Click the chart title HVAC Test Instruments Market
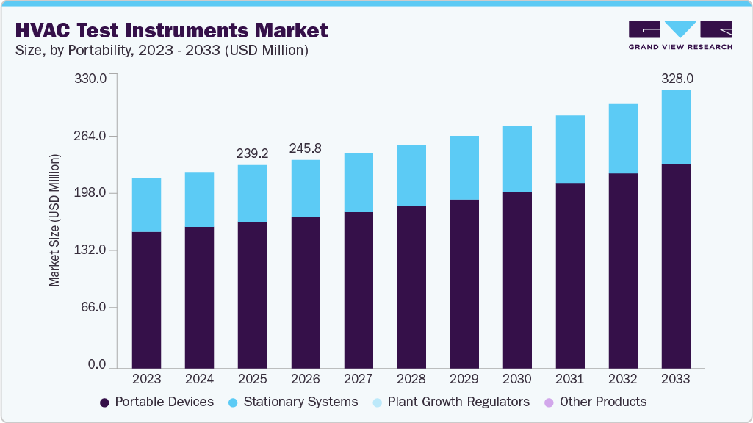coord(170,30)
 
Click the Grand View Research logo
coord(680,35)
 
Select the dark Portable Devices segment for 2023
coord(146,300)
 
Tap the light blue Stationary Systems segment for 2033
coord(675,127)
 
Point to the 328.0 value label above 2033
coord(675,78)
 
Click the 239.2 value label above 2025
coord(252,153)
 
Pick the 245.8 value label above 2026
coord(305,148)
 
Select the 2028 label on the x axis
coord(411,380)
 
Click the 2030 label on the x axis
coord(517,380)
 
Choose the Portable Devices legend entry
coord(156,402)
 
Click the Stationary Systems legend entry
coord(293,402)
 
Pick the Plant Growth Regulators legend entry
coord(450,402)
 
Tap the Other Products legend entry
coord(595,402)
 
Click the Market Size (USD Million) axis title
coord(54,220)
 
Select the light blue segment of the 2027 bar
coord(359,182)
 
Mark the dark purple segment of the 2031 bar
coord(570,275)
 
